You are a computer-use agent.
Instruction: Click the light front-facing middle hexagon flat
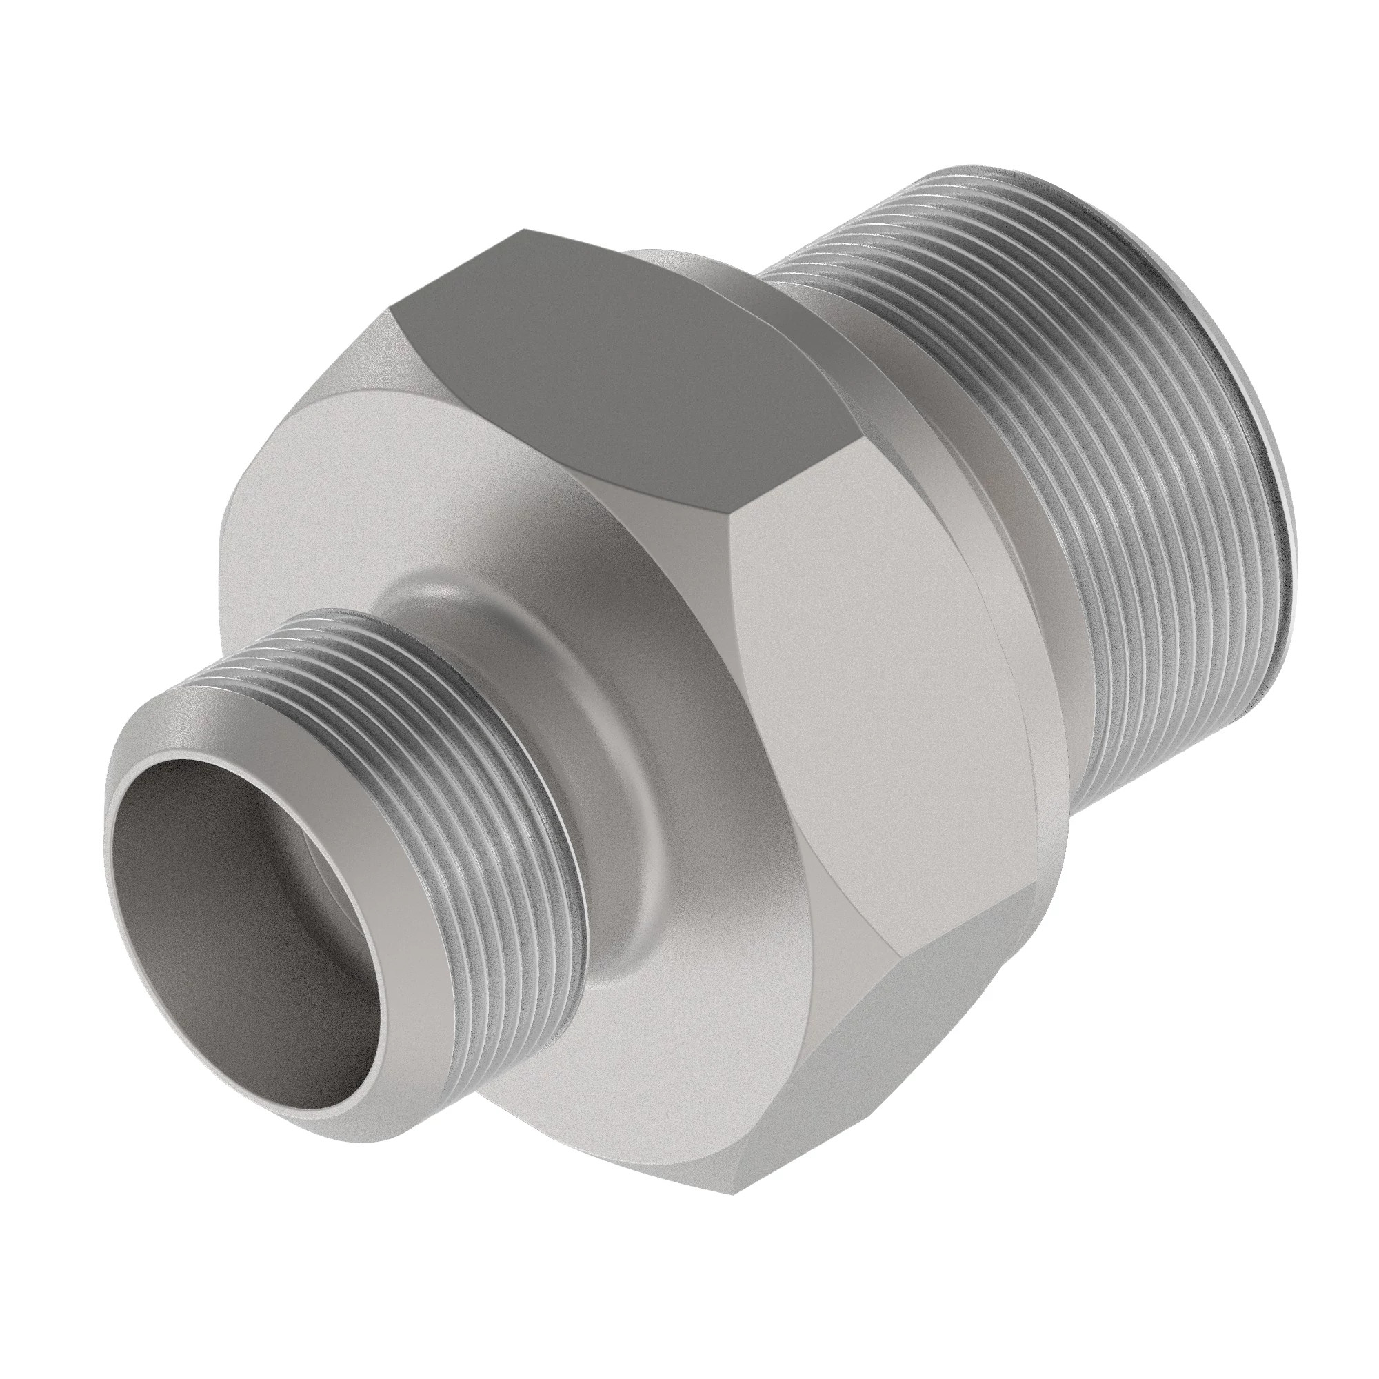pyautogui.click(x=878, y=678)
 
